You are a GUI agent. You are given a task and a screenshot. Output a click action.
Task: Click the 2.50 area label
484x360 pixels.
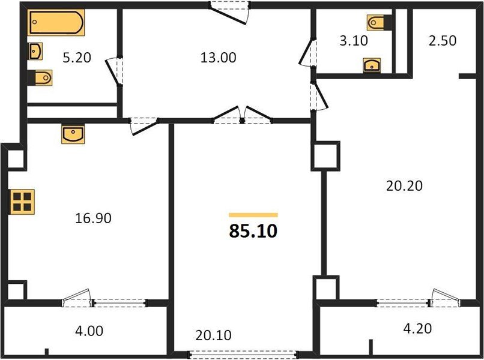pyautogui.click(x=442, y=41)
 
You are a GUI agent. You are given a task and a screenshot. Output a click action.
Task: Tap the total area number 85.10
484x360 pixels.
pyautogui.click(x=253, y=231)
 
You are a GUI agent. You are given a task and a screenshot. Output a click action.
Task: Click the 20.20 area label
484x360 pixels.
pyautogui.click(x=404, y=186)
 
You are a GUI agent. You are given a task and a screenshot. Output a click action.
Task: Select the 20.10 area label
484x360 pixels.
pyautogui.click(x=213, y=335)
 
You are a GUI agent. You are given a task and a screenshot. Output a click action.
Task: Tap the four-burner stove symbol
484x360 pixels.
pyautogui.click(x=23, y=202)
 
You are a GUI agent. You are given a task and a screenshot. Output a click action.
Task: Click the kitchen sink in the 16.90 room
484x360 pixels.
pyautogui.click(x=73, y=134)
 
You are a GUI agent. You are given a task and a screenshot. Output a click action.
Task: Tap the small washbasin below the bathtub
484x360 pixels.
pyautogui.click(x=35, y=51)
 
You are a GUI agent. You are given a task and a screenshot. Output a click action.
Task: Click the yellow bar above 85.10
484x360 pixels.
pyautogui.click(x=253, y=214)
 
